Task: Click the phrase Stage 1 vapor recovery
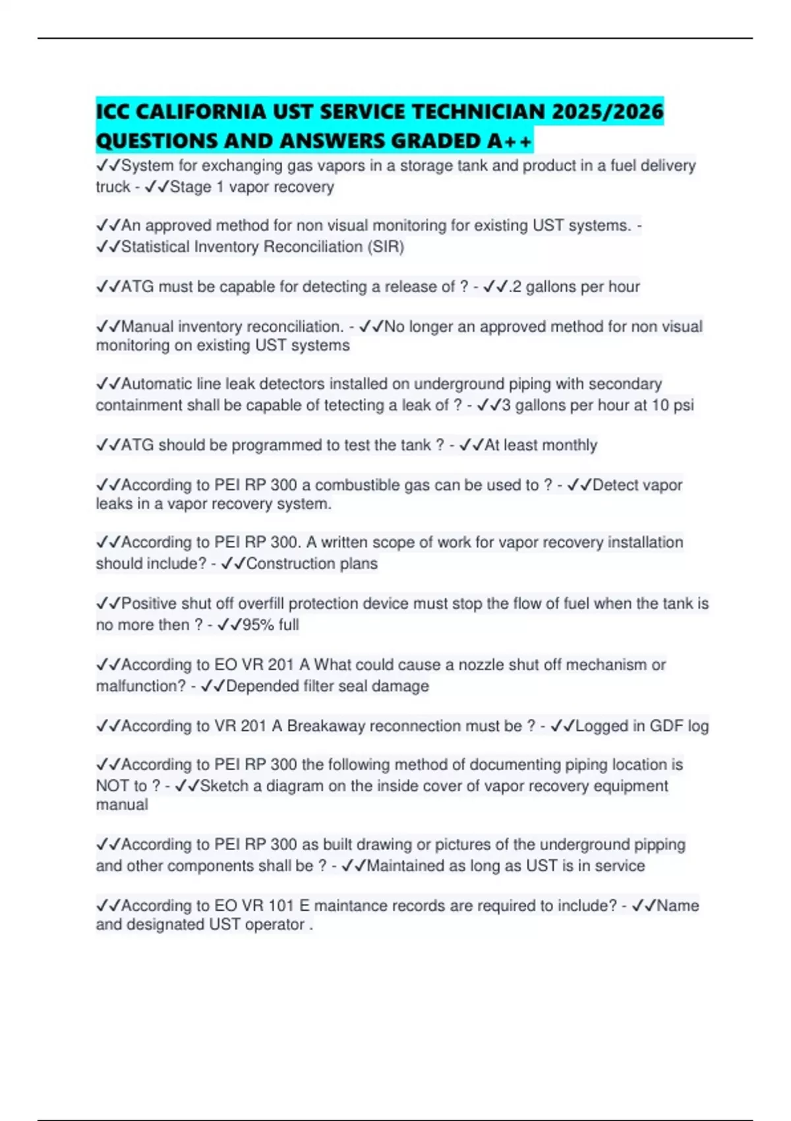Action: [x=252, y=187]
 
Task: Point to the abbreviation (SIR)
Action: [x=386, y=247]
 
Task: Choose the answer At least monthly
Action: [x=541, y=445]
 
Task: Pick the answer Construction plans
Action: [x=312, y=564]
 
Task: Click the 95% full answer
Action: [x=270, y=625]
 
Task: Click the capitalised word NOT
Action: [x=112, y=786]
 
